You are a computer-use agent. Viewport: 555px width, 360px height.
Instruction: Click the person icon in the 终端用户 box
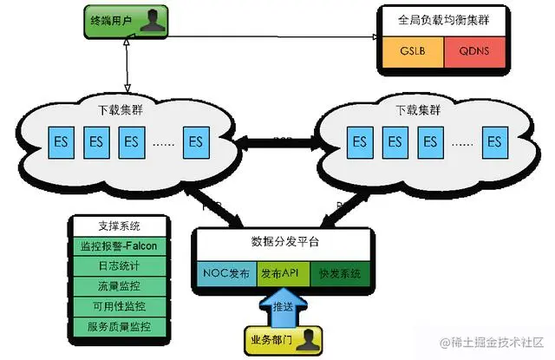[x=153, y=18]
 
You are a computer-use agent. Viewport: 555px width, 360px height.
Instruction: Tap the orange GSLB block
[x=410, y=50]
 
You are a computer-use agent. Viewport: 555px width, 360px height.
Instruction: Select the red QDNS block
[x=473, y=50]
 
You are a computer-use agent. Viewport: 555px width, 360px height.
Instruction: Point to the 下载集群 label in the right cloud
[x=415, y=111]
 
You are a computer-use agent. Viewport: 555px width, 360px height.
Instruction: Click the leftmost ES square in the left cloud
[x=61, y=141]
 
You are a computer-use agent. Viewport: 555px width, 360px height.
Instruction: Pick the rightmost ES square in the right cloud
[x=495, y=141]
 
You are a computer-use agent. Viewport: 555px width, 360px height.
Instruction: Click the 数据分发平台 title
[x=283, y=240]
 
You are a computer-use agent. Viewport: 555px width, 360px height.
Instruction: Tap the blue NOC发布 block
[x=226, y=272]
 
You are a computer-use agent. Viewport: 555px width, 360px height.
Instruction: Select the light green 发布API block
[x=283, y=272]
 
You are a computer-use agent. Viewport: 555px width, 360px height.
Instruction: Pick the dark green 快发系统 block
[x=340, y=272]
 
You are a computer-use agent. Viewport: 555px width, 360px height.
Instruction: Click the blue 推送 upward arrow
[x=284, y=307]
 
